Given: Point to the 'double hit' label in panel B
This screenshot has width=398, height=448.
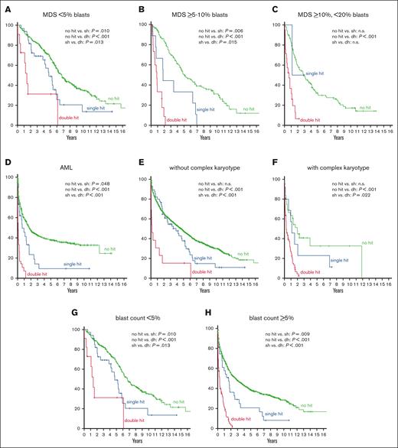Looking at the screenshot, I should (177, 120).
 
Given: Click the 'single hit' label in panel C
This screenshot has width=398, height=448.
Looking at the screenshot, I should (315, 73).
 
